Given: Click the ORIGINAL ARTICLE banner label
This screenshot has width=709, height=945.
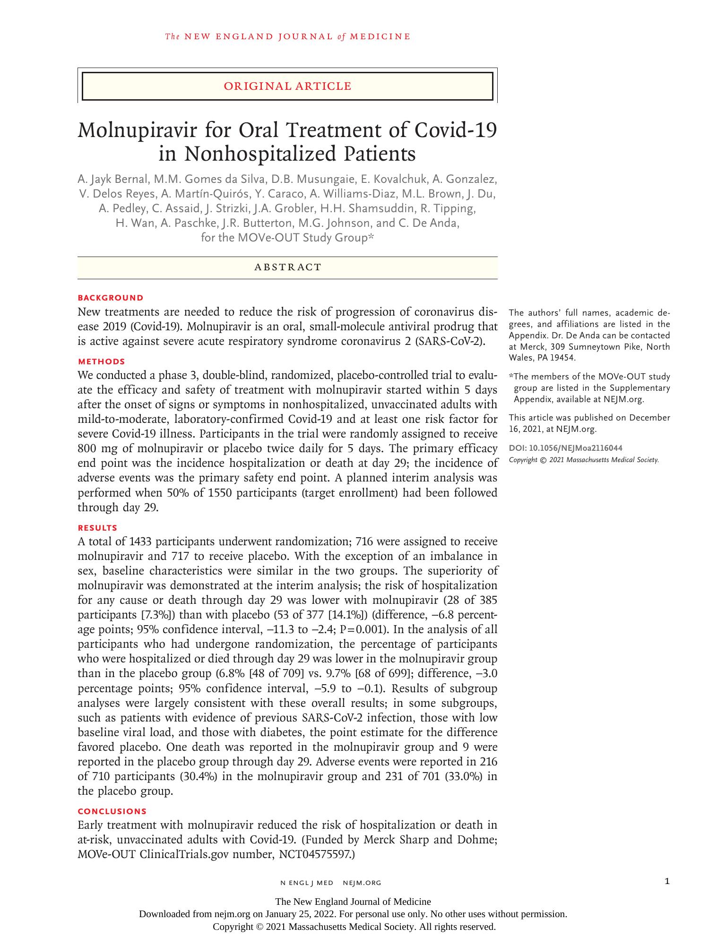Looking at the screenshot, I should tap(287, 86).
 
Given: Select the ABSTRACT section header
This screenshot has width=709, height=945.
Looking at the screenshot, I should tap(287, 267).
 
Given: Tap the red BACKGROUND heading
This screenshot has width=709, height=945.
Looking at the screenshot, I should tap(111, 298).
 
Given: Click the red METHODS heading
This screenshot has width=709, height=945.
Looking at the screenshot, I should tap(101, 361).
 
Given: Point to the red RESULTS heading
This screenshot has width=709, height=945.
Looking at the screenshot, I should tap(97, 528).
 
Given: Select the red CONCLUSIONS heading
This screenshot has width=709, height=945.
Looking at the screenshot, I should tap(112, 811).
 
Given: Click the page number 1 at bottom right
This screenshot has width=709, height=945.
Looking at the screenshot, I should tap(667, 881).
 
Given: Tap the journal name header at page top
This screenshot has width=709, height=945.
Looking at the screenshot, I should tap(287, 36).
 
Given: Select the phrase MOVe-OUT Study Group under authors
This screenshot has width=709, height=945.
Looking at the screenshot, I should tap(303, 237).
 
